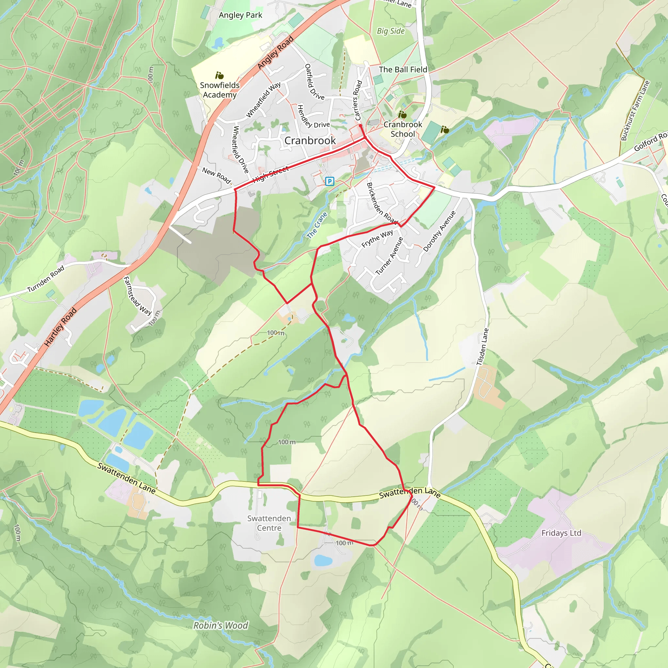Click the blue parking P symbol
(x=329, y=181)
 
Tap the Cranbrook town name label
(x=310, y=140)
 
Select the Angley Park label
(x=240, y=15)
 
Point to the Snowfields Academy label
(x=220, y=90)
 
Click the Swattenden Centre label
(x=269, y=523)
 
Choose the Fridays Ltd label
(x=561, y=533)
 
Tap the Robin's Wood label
(x=220, y=626)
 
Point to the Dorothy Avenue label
(x=439, y=231)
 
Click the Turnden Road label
(x=46, y=278)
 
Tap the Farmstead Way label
(x=137, y=296)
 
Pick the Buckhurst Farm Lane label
(x=635, y=110)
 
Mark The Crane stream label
(x=317, y=225)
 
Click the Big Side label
(x=391, y=31)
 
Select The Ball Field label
(x=403, y=69)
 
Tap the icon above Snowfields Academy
(x=219, y=75)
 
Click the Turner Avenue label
(x=389, y=256)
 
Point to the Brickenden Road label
(x=382, y=203)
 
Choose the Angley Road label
(x=275, y=53)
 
